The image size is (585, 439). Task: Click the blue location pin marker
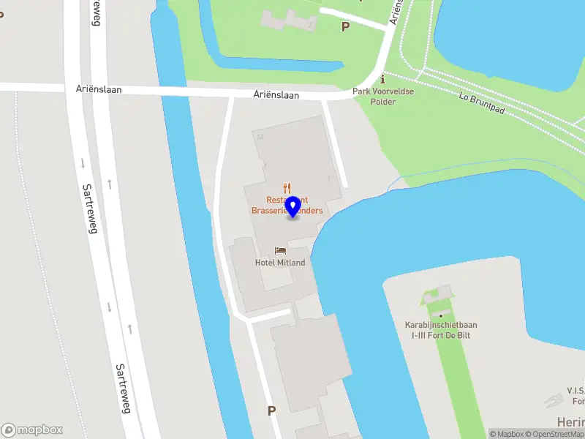(292, 206)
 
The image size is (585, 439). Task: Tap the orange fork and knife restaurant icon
(288, 188)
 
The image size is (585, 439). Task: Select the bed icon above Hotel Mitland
(280, 251)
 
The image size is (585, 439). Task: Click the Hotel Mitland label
(280, 263)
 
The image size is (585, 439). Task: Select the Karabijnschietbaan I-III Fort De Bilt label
(440, 329)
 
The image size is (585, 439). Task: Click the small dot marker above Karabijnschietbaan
(441, 316)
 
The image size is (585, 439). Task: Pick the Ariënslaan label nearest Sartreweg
(99, 90)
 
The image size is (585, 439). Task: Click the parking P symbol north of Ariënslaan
(346, 26)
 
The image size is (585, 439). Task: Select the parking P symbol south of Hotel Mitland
(272, 411)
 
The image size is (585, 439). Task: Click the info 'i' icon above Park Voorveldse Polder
(382, 79)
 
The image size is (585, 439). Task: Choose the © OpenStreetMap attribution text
(556, 434)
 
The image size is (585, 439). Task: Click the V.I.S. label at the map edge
(573, 390)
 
